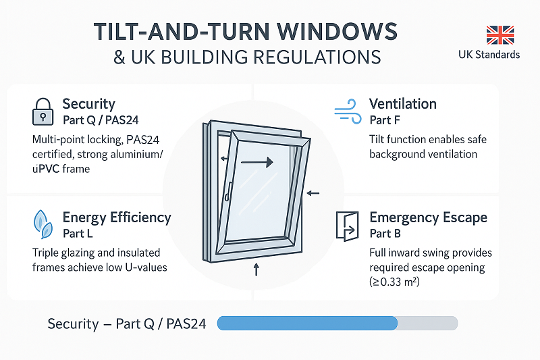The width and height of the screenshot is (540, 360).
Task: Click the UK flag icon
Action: (x=500, y=35)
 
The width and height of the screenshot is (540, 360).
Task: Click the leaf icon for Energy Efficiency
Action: (x=43, y=224)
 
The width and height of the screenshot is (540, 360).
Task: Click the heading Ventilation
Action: (x=402, y=104)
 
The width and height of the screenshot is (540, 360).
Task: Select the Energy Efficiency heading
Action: (x=116, y=217)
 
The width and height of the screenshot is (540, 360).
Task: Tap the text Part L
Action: (x=78, y=234)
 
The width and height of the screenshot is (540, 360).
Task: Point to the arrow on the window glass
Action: (x=258, y=162)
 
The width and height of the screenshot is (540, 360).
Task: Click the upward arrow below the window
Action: (x=256, y=270)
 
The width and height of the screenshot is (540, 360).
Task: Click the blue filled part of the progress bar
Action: (x=307, y=324)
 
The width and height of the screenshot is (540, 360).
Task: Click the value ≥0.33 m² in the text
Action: (x=395, y=282)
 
